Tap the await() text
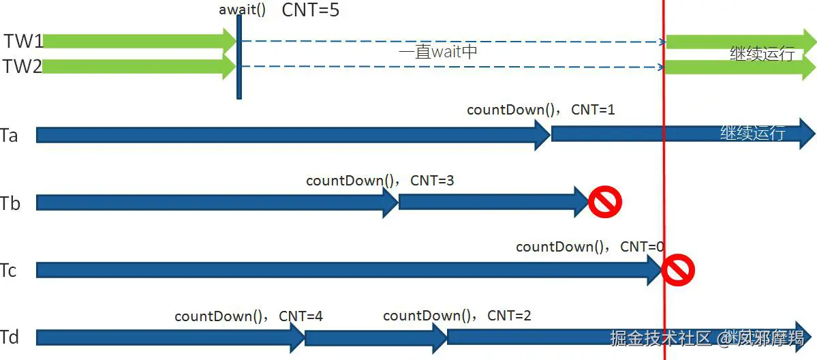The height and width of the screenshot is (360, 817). coord(242,10)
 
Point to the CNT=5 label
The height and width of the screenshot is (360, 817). coord(310,10)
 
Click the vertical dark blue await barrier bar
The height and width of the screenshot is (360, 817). coord(239,58)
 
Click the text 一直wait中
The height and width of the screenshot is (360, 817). coord(437,52)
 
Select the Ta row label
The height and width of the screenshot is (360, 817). coord(10,135)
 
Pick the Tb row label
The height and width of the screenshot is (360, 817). coord(10,203)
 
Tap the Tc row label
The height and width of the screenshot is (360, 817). coord(9,271)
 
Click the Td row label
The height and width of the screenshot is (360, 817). coord(10,337)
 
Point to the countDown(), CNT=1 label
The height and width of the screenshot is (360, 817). coord(540,110)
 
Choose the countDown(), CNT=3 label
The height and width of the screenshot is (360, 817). coord(380,181)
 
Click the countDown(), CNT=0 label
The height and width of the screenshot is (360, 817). coord(589,247)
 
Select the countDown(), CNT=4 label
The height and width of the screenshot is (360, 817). coord(248,316)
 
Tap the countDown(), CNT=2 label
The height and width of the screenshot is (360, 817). coord(457,316)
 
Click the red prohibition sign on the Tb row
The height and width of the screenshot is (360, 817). coord(605,202)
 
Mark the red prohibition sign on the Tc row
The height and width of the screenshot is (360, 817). coord(678,271)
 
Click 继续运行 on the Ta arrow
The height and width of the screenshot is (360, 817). coord(752,133)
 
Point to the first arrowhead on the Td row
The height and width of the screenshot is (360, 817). coord(298,337)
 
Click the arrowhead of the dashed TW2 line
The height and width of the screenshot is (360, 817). coord(661,67)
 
